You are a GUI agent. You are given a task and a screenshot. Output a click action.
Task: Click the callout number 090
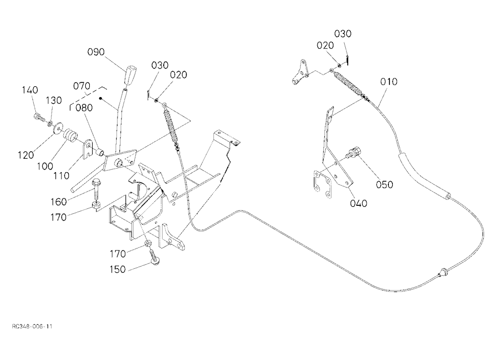96,52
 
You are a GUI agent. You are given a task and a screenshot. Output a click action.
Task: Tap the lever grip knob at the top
130,75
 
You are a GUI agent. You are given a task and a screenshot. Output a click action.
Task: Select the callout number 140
30,90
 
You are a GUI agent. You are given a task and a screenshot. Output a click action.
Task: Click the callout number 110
62,176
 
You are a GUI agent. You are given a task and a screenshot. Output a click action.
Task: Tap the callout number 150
118,270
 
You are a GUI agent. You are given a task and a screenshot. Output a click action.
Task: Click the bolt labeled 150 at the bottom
154,256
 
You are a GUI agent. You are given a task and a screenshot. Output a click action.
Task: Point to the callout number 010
389,82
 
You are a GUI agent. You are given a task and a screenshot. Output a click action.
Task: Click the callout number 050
384,184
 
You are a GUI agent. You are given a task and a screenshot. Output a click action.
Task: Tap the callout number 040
359,203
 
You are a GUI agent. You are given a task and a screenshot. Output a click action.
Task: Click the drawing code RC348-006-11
32,326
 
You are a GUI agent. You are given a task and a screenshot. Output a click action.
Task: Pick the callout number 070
82,86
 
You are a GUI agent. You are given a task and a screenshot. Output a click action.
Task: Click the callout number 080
84,108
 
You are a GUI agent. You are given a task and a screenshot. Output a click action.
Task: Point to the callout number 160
59,201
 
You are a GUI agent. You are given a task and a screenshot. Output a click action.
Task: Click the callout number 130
54,100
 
